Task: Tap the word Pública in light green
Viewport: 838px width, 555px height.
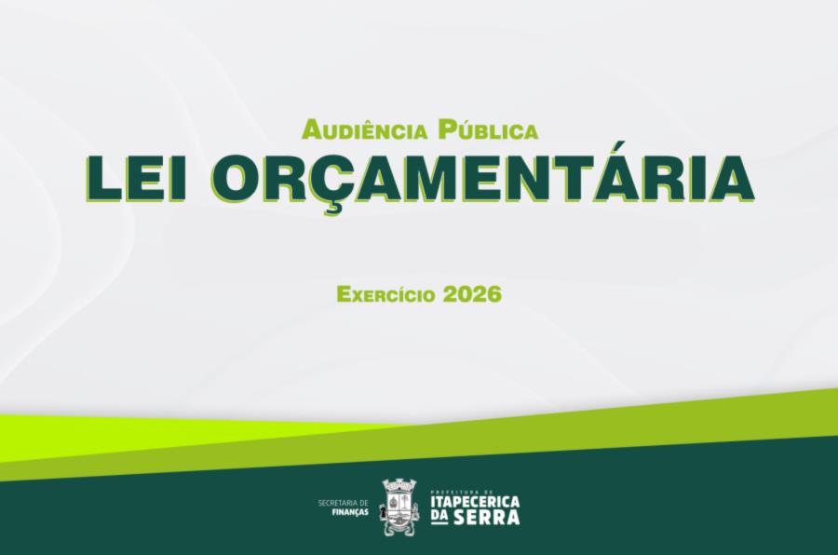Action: [x=487, y=130]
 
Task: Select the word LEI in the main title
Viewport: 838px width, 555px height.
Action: [x=137, y=178]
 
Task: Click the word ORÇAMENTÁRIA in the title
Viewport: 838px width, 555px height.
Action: [x=482, y=178]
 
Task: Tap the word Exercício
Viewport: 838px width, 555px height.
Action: [x=386, y=294]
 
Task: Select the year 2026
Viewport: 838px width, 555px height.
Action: [x=472, y=294]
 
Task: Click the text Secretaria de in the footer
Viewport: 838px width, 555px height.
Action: [x=343, y=503]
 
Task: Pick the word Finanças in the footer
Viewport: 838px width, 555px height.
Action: [x=351, y=512]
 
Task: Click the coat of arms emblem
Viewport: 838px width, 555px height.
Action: [x=399, y=507]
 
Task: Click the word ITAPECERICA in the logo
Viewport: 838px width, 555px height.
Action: [x=475, y=503]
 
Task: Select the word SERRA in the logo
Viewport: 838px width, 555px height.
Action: [x=487, y=518]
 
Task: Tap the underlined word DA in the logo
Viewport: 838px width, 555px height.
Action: [x=439, y=518]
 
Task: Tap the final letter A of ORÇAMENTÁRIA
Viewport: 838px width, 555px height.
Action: [x=732, y=179]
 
